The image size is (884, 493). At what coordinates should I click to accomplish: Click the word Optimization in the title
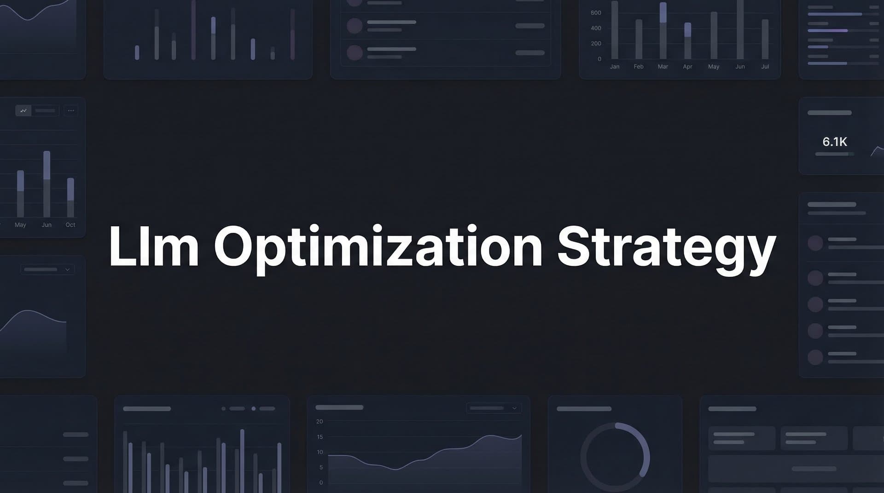point(378,247)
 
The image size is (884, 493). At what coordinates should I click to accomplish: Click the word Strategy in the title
point(667,247)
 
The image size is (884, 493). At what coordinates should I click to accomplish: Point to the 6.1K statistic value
point(834,142)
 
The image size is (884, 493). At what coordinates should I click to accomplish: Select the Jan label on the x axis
point(615,67)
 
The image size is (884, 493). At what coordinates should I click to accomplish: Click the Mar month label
point(663,67)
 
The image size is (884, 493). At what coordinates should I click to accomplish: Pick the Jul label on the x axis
point(765,67)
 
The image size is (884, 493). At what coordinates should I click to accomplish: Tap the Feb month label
point(639,67)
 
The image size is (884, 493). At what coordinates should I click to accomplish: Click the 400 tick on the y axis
point(596,28)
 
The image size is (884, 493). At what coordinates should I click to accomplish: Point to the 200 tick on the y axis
point(596,44)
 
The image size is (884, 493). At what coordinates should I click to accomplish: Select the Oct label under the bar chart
point(70,225)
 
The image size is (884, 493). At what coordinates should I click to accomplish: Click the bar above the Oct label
point(70,198)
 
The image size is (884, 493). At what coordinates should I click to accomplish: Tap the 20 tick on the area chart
point(320,421)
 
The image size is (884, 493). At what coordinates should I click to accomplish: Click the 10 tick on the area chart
point(320,452)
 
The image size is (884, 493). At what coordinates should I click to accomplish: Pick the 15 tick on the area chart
point(320,437)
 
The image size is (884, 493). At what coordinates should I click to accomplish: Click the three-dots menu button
point(71,110)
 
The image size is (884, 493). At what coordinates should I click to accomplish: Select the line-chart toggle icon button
point(23,110)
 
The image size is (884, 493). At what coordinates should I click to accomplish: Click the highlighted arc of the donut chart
point(642,446)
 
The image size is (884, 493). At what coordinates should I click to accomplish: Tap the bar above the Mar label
point(663,31)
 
